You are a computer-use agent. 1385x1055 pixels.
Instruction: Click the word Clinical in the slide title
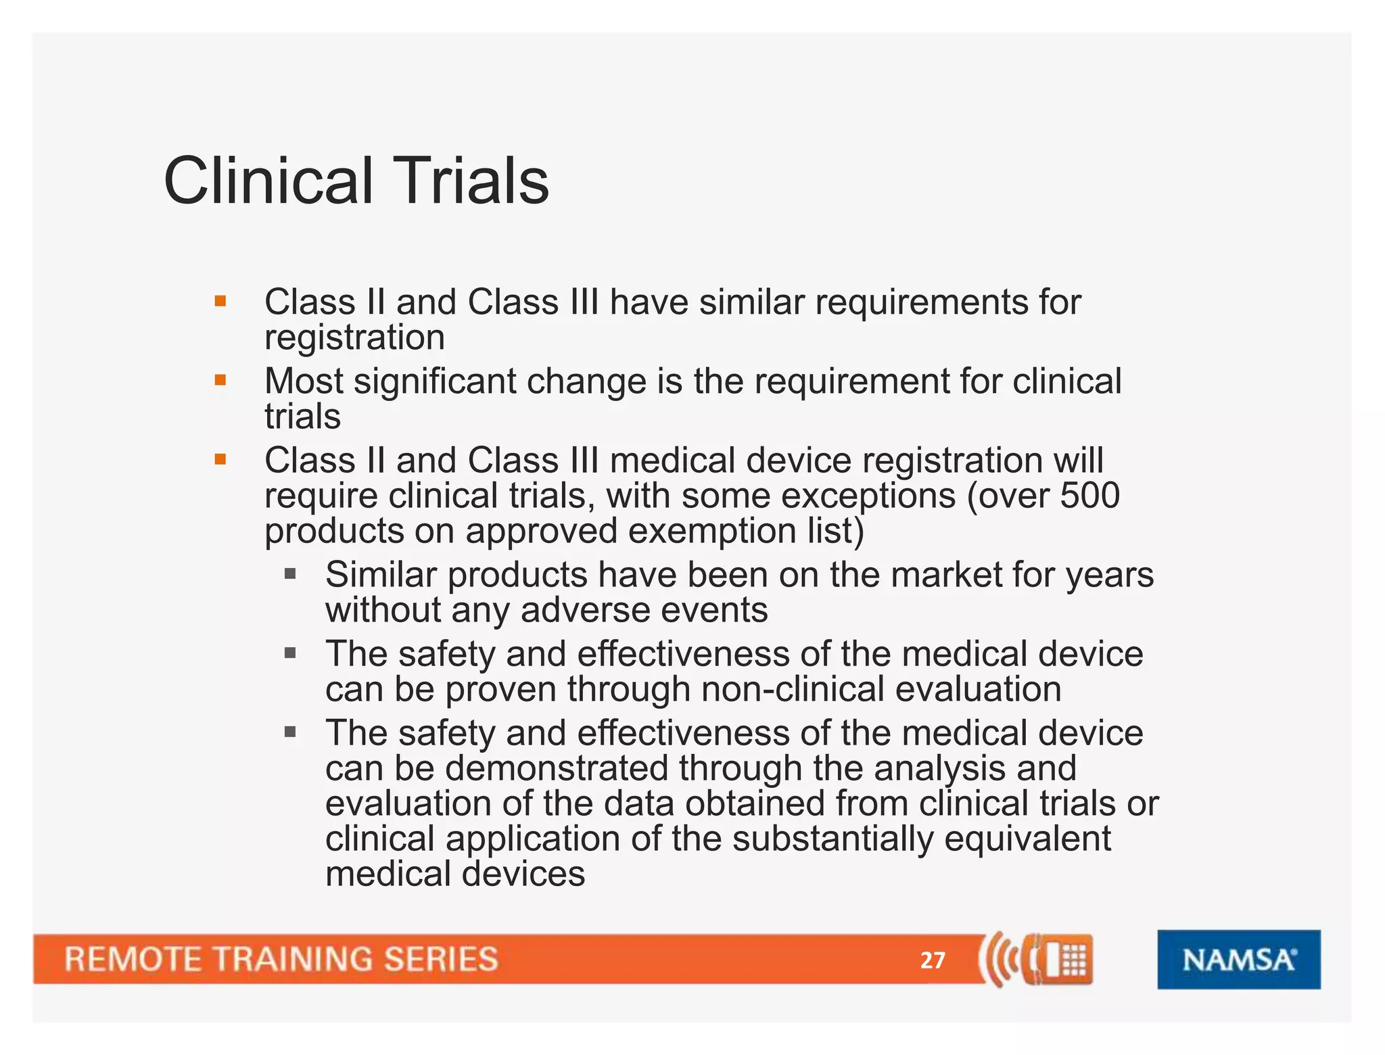coord(268,181)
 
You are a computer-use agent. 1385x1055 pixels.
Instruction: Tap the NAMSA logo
coord(1238,960)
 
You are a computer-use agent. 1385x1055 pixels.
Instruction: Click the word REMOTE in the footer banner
coord(133,960)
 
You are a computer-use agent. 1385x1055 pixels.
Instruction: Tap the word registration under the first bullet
coord(354,337)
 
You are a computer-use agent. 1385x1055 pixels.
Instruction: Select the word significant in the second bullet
coord(435,381)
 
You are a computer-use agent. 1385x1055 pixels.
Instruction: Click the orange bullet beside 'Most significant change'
coord(220,380)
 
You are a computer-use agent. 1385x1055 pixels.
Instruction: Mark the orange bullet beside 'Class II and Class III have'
coord(220,301)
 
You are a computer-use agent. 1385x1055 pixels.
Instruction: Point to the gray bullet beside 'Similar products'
coord(290,574)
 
